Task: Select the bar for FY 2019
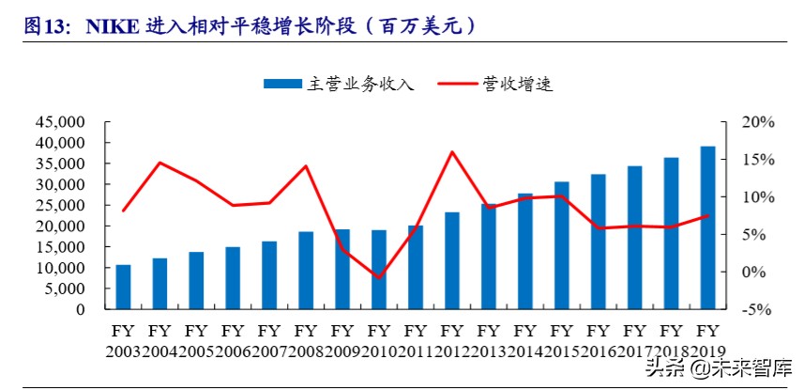[707, 227]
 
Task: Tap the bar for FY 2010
[379, 270]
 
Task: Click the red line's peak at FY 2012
[452, 151]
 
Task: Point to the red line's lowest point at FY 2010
[379, 278]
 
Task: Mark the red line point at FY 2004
[159, 163]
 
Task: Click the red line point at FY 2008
[306, 166]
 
